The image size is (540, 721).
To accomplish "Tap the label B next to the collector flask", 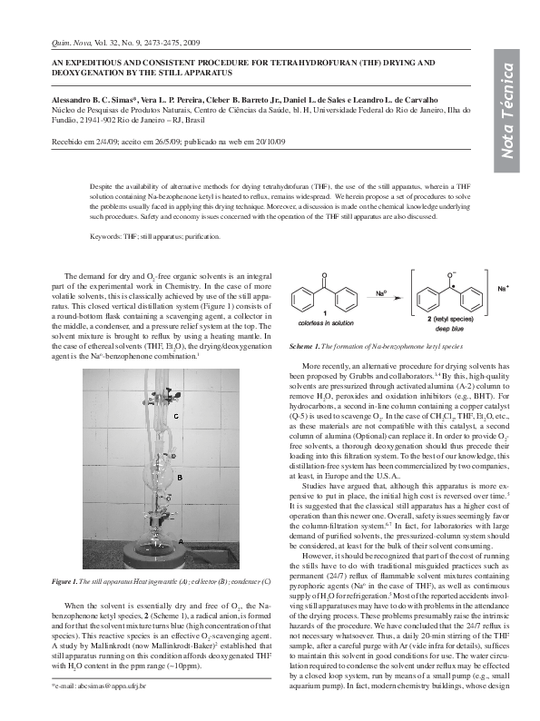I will click(x=180, y=477).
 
